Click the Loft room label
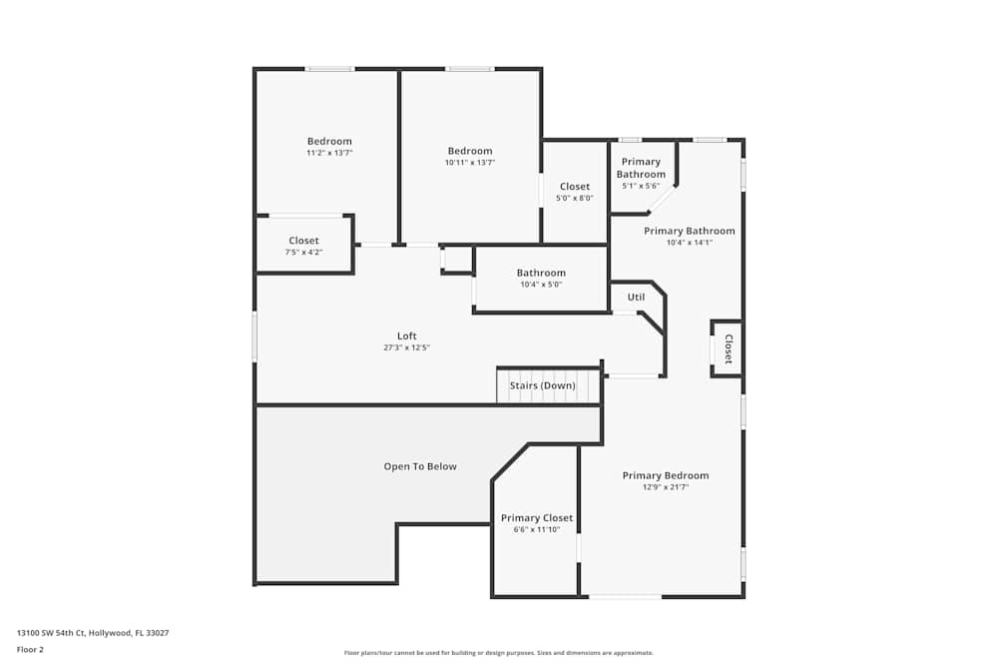pos(407,335)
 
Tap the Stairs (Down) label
pos(543,385)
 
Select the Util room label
pos(636,297)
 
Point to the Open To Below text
pos(420,466)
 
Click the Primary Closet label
pos(537,517)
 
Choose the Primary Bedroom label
pos(666,475)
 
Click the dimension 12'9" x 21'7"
pos(666,487)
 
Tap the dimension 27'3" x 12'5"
pos(407,347)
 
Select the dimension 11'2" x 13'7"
pos(329,153)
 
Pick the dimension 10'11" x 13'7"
pos(470,162)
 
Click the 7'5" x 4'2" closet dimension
pos(304,252)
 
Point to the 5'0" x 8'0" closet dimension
pos(575,198)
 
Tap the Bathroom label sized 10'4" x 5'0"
pos(541,273)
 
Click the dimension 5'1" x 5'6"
pos(641,186)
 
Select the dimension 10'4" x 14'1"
pos(690,242)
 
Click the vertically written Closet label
pos(728,348)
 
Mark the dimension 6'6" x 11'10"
pos(537,529)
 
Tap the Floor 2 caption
pos(30,649)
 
